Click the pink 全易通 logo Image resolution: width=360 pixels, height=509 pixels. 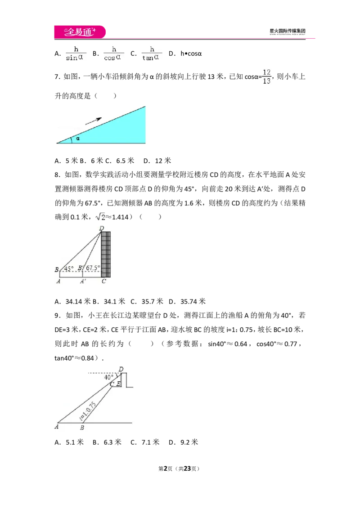click(80, 32)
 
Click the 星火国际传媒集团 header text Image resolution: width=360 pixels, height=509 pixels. click(287, 31)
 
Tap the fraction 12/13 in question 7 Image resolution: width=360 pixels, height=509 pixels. click(267, 76)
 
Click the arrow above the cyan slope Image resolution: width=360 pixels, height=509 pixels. click(94, 121)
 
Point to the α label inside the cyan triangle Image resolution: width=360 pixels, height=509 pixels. click(78, 138)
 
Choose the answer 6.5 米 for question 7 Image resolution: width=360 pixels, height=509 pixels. click(125, 161)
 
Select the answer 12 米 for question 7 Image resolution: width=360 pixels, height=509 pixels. click(163, 161)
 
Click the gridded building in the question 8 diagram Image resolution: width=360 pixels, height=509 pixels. click(106, 254)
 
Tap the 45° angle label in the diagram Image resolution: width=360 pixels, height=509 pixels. click(68, 269)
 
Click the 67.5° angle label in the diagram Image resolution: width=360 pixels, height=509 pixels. click(93, 268)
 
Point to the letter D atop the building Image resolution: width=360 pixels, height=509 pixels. click(102, 228)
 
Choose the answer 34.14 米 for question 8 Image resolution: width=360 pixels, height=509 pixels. click(78, 302)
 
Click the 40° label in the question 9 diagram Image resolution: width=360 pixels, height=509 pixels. click(109, 377)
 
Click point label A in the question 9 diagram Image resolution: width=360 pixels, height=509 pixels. click(57, 426)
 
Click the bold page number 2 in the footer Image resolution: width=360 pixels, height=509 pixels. click(166, 469)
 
